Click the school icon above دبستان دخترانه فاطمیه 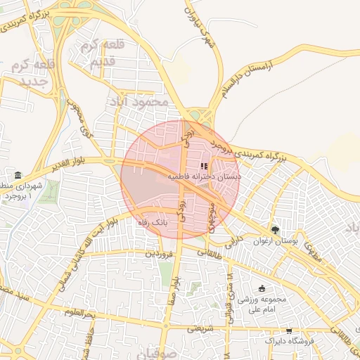[205, 167]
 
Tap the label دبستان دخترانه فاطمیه [204, 178]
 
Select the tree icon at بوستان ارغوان [275, 230]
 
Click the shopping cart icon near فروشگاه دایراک [289, 330]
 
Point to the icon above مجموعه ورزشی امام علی [262, 288]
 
